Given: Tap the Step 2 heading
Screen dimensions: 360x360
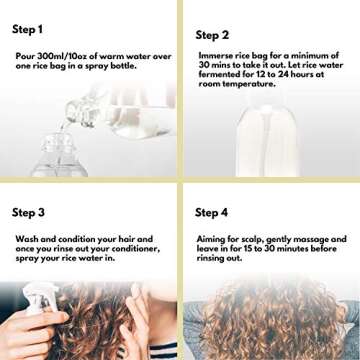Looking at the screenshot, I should coord(213,34).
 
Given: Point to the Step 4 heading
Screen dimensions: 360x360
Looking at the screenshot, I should coord(213,212).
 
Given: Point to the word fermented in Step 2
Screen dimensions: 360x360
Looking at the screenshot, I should coord(218,75).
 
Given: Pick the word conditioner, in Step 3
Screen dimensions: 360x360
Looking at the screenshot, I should coord(126,248).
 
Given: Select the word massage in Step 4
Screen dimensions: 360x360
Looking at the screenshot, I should coord(311,239).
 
